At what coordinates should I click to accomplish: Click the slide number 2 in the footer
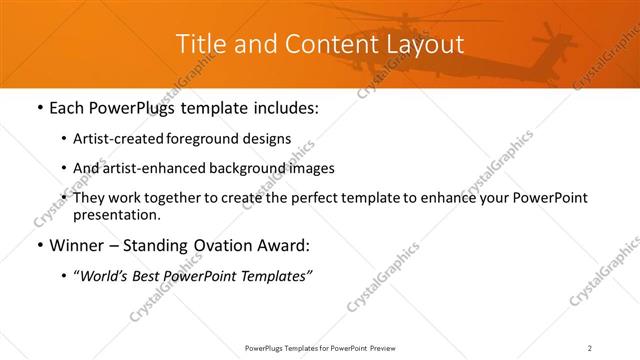590,348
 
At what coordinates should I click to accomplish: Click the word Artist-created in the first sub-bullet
116,138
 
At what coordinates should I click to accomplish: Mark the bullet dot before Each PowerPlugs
38,108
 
